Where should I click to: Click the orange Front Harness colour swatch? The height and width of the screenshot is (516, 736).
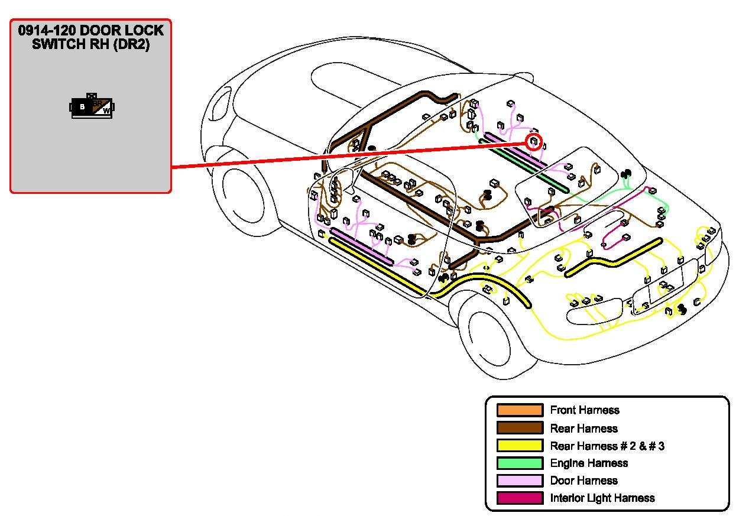point(520,410)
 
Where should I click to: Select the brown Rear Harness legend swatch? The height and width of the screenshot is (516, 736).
point(520,428)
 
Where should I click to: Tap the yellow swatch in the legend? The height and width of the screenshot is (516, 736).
point(520,446)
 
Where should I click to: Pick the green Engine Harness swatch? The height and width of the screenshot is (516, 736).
point(520,463)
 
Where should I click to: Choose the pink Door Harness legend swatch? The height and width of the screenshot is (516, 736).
point(520,481)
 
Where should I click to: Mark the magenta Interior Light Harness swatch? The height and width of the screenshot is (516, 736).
point(520,498)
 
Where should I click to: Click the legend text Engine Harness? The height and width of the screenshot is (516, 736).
point(588,463)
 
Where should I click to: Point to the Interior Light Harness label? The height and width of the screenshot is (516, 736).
point(602,498)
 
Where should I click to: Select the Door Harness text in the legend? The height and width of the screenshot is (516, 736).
point(583,481)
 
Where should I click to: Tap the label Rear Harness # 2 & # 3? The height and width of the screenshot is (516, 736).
point(607,446)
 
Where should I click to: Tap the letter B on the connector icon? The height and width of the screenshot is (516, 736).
point(82,107)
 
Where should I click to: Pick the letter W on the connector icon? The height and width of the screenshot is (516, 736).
point(106,110)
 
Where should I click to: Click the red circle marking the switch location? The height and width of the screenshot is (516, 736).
point(534,142)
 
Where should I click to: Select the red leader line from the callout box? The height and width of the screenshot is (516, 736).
point(349,155)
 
